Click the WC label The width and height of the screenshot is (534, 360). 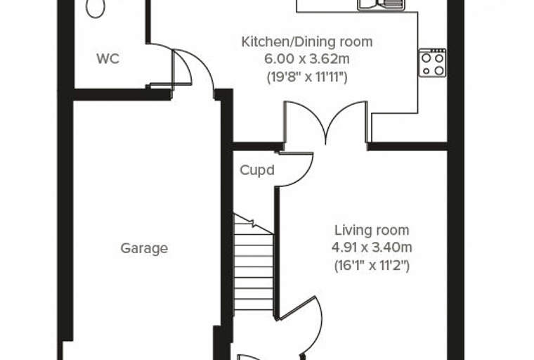[x=108, y=59]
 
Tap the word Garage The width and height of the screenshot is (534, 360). [x=144, y=248]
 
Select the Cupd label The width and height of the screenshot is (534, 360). [x=257, y=170]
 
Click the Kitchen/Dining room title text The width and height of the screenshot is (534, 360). [x=307, y=42]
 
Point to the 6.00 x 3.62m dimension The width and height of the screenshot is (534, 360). [x=307, y=59]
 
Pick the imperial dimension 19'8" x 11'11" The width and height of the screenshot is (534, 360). [x=307, y=77]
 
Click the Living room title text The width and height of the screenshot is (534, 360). [x=372, y=230]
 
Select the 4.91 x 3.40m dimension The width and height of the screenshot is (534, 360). [x=372, y=247]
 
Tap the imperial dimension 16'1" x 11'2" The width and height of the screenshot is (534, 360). [x=372, y=265]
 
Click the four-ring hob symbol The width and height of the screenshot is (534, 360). [x=432, y=63]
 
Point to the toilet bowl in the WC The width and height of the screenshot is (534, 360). [x=96, y=8]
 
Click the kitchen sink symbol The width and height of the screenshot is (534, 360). [x=380, y=5]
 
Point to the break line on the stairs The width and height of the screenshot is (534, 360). [x=254, y=224]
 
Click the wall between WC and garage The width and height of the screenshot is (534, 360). [x=122, y=94]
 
